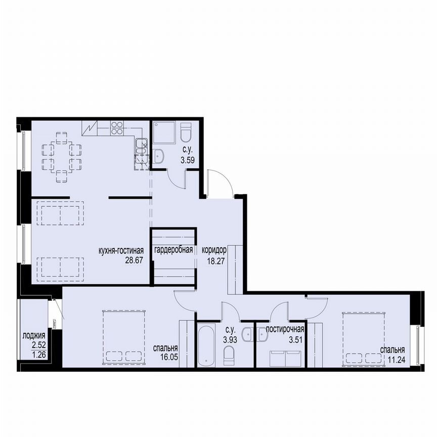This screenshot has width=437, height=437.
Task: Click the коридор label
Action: tap(213, 250)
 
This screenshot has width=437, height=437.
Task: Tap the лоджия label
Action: tap(34, 336)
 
